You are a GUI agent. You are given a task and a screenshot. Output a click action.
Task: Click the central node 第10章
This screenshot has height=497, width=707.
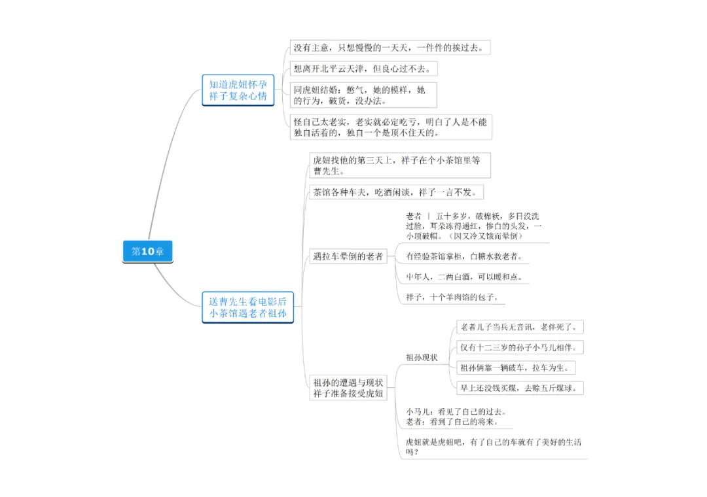(147, 251)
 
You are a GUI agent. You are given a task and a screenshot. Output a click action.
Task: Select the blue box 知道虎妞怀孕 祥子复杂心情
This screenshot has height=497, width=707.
(238, 90)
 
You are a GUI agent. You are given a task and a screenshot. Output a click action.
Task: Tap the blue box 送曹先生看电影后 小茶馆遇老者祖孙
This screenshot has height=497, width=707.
(247, 307)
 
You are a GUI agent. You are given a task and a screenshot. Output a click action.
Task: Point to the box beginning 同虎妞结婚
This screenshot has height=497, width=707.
(361, 95)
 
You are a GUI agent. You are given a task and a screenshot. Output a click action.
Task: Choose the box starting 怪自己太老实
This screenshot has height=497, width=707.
(390, 127)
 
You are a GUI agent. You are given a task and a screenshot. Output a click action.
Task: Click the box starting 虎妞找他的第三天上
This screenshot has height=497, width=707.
(399, 165)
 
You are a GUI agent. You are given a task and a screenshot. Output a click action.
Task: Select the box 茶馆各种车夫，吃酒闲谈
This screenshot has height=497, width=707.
(399, 192)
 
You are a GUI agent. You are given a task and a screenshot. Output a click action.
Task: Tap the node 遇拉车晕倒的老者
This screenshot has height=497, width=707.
(348, 256)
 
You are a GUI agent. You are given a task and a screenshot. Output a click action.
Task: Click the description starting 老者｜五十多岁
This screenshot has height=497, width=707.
(473, 226)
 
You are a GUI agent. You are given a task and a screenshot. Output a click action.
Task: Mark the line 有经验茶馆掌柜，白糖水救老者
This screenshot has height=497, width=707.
(465, 256)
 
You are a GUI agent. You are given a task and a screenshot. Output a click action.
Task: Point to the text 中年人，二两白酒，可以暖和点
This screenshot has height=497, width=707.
(464, 277)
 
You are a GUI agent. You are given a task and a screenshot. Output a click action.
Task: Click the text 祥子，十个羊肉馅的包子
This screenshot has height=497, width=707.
(452, 297)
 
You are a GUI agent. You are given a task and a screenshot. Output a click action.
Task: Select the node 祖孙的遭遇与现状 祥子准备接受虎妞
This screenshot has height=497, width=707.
(348, 387)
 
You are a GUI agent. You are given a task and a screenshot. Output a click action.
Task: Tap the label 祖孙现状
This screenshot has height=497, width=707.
(422, 357)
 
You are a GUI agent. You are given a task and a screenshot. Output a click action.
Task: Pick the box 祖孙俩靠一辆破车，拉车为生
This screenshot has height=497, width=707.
(507, 368)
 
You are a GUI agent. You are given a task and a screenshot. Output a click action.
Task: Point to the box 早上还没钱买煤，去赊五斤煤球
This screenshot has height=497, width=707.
(520, 388)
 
